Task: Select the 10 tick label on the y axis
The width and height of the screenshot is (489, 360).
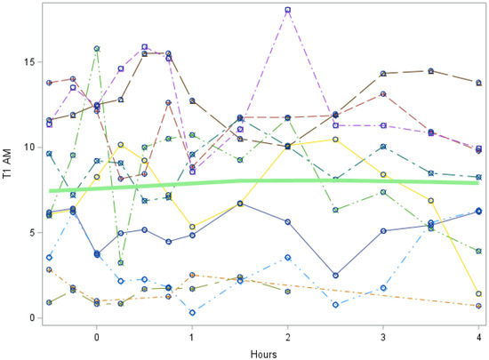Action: click(30, 148)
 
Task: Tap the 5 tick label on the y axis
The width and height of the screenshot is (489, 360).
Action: click(33, 233)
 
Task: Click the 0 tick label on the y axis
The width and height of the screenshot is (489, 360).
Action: click(33, 318)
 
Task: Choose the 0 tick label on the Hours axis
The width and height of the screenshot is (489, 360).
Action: click(96, 337)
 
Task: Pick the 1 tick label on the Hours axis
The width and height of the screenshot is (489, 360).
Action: click(192, 337)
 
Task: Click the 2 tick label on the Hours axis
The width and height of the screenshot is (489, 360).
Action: click(287, 337)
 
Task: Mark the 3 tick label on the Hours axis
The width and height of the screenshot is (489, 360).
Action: click(383, 337)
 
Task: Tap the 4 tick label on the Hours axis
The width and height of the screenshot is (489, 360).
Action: click(478, 337)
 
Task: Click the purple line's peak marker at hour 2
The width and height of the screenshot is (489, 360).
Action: click(288, 10)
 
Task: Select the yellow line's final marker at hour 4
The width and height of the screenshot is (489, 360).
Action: click(478, 293)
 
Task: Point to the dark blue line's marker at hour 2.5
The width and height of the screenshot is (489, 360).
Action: click(335, 276)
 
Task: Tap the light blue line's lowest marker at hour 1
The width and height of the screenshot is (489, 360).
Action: click(192, 312)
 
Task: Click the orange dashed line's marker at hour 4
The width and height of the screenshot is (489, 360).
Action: click(478, 306)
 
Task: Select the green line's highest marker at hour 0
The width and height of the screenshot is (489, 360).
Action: click(96, 49)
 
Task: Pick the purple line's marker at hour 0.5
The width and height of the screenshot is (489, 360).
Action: click(144, 46)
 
